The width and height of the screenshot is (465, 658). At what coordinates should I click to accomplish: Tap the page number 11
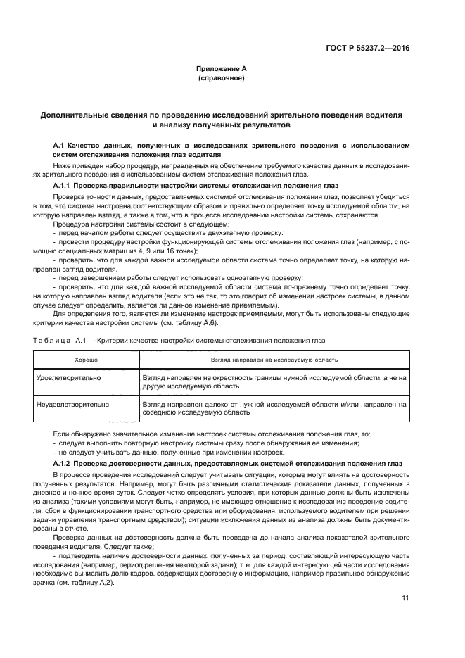(x=405, y=598)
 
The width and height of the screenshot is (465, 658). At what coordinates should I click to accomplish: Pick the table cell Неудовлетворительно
(x=72, y=405)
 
